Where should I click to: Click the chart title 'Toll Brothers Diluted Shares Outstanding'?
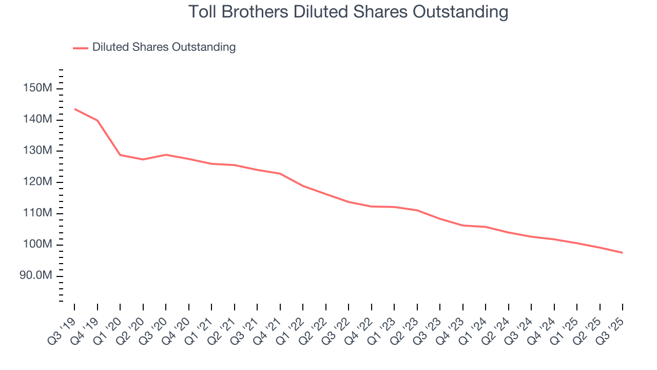point(348,12)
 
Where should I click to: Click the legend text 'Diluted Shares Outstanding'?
point(164,47)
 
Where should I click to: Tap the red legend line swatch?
point(81,48)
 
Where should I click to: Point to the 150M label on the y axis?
point(37,88)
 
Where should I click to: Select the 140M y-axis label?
point(37,120)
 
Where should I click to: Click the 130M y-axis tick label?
point(37,151)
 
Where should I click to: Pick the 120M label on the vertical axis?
point(37,182)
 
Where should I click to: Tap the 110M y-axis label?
point(37,213)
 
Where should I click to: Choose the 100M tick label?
point(37,245)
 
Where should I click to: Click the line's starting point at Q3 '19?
point(74,109)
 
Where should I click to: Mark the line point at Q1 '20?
point(120,155)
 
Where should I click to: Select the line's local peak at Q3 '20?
point(166,155)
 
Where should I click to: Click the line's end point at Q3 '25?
point(623,252)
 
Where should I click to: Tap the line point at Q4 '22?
point(371,207)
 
